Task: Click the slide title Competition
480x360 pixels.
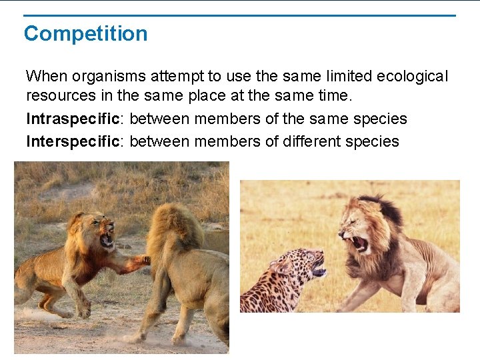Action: (x=85, y=33)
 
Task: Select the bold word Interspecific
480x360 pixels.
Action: (x=75, y=141)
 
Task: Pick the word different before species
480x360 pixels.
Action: (x=330, y=141)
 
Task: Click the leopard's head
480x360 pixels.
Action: (x=303, y=267)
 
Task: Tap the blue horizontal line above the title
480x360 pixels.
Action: (x=240, y=15)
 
